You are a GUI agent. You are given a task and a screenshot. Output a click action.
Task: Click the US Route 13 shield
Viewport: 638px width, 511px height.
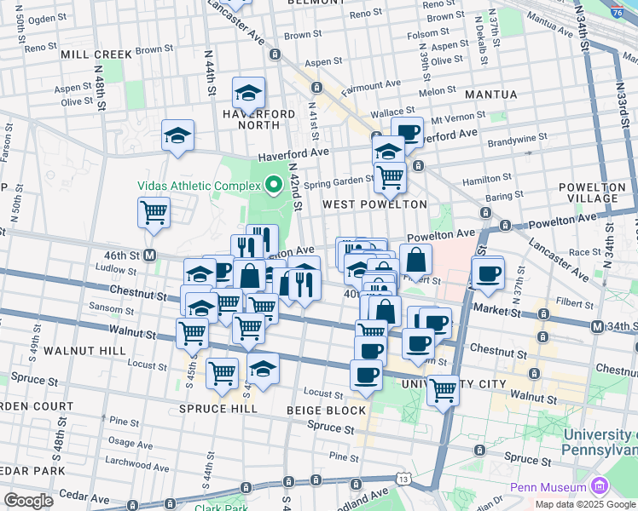point(414,479)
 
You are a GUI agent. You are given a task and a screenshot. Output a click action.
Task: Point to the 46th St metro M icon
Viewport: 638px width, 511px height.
point(149,255)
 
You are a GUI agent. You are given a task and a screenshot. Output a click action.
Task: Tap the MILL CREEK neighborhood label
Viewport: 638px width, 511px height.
point(96,55)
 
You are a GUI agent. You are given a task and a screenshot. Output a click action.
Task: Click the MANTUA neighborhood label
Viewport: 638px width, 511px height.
point(490,94)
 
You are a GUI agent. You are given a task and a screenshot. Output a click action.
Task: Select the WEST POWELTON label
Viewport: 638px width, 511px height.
point(374,204)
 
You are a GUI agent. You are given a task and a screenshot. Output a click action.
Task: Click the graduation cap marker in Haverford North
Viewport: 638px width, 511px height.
point(248,94)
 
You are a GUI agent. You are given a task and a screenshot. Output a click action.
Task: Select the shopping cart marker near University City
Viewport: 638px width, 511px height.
point(442,390)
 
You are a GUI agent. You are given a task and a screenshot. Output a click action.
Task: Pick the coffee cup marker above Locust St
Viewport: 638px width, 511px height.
point(366,375)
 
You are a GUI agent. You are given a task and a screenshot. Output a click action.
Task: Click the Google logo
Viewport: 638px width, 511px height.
point(28,501)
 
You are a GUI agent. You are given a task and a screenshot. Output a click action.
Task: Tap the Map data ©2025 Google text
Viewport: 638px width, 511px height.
point(585,504)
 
